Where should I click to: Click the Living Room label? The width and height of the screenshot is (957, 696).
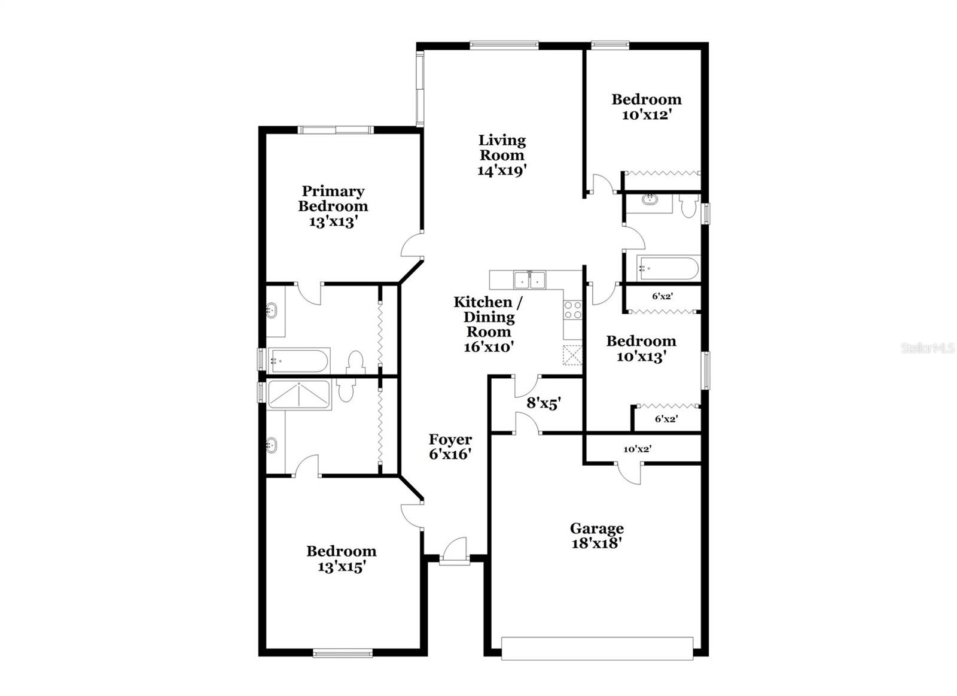(x=501, y=155)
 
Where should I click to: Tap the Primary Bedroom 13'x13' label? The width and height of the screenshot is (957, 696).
(x=333, y=206)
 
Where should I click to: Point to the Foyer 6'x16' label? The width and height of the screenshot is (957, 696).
(x=450, y=446)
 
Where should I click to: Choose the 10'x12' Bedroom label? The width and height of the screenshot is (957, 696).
(x=646, y=107)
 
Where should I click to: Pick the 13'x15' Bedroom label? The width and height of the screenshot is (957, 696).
(x=342, y=558)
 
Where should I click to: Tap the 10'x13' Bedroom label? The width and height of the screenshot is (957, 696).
(x=641, y=349)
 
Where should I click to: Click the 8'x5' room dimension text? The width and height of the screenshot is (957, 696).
(x=543, y=403)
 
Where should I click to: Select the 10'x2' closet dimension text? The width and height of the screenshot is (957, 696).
(x=636, y=449)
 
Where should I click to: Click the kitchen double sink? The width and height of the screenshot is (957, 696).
(x=530, y=279)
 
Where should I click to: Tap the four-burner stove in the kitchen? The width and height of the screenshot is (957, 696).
(x=572, y=309)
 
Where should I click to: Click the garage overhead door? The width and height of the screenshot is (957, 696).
(x=596, y=649)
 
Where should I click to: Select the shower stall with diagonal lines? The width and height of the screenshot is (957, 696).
(x=299, y=394)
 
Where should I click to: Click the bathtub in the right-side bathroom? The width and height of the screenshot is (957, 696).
(x=668, y=268)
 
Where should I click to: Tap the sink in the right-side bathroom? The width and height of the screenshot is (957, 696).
(x=650, y=199)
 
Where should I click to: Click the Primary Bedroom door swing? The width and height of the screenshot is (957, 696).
(x=412, y=246)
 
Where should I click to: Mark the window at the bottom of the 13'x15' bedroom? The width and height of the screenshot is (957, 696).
(x=343, y=654)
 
